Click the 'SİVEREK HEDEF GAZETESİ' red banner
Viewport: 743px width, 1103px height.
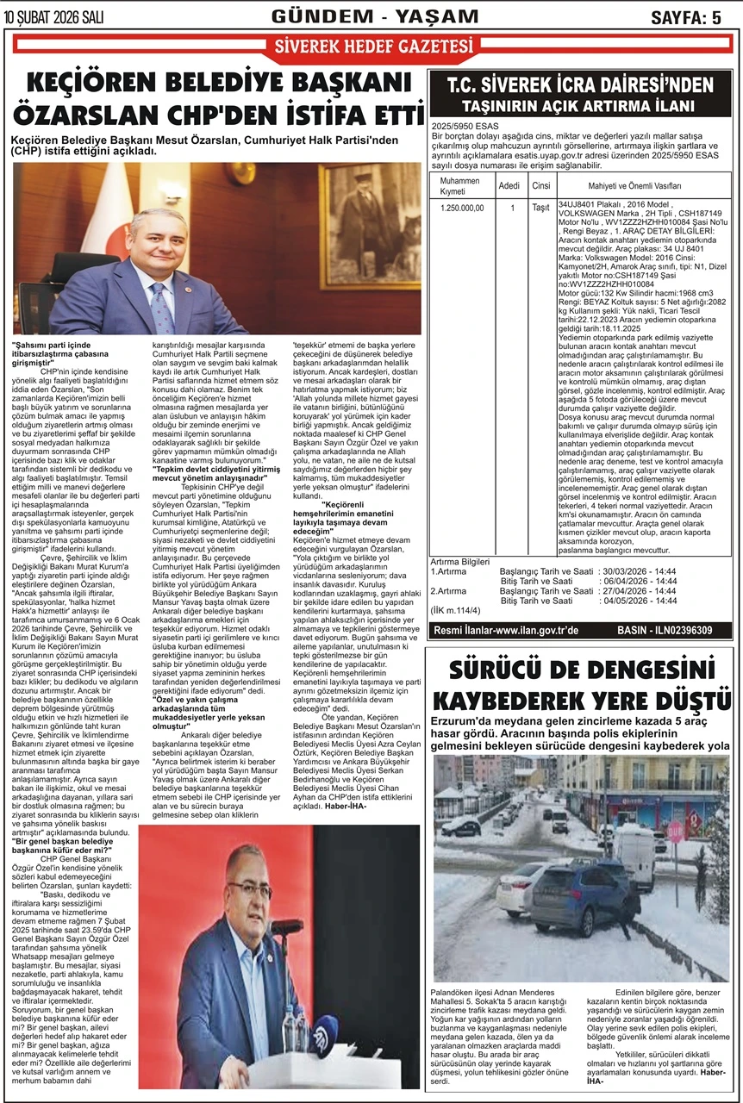pos(371,48)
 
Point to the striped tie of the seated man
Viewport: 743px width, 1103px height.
pos(162,307)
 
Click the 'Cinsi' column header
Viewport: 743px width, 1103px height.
pos(541,185)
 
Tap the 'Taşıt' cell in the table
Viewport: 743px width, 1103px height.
pos(541,208)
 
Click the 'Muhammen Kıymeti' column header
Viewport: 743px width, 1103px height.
pos(459,185)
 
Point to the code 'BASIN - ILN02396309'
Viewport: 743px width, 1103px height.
pos(665,631)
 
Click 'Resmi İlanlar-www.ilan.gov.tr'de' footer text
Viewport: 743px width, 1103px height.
pos(505,631)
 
